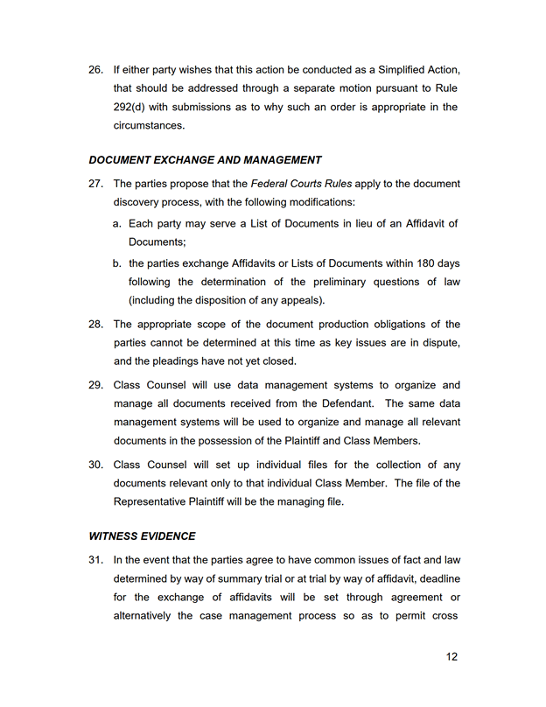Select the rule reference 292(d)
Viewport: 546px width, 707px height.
[x=132, y=108]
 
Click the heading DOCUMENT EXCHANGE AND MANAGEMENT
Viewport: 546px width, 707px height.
[x=205, y=160]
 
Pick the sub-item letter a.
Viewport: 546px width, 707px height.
[x=117, y=224]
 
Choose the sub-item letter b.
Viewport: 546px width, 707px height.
[x=117, y=263]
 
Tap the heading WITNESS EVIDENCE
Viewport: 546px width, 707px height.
[x=142, y=535]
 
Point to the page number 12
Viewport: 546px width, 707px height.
[x=451, y=657]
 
